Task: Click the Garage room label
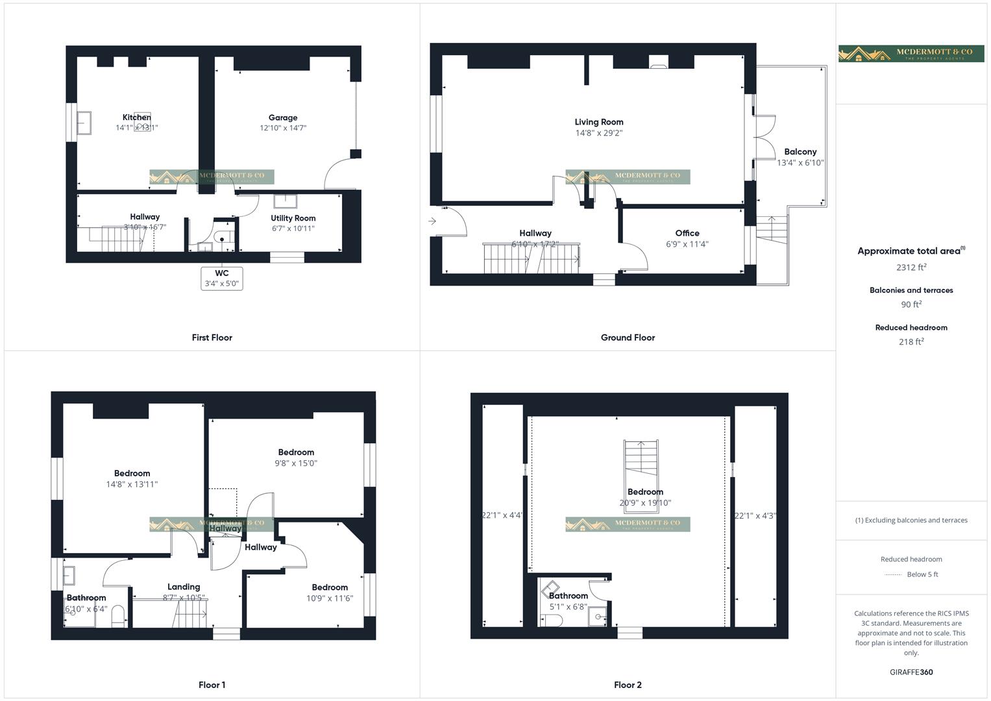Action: (283, 118)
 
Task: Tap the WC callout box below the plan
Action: (222, 278)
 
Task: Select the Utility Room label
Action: (293, 219)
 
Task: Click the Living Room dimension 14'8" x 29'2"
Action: (598, 133)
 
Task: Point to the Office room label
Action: (687, 233)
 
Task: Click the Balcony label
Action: (800, 152)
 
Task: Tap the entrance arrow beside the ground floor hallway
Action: (432, 222)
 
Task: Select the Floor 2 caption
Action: (628, 685)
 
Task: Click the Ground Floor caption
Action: (628, 338)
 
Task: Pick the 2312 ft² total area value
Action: (911, 267)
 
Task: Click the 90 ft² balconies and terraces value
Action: (911, 304)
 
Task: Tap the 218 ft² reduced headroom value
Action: (911, 342)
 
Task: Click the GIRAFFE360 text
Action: (911, 672)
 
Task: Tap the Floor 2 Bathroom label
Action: (569, 596)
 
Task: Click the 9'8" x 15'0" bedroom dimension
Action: (296, 463)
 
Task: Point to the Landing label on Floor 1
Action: (184, 587)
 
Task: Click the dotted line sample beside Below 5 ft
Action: (893, 574)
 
